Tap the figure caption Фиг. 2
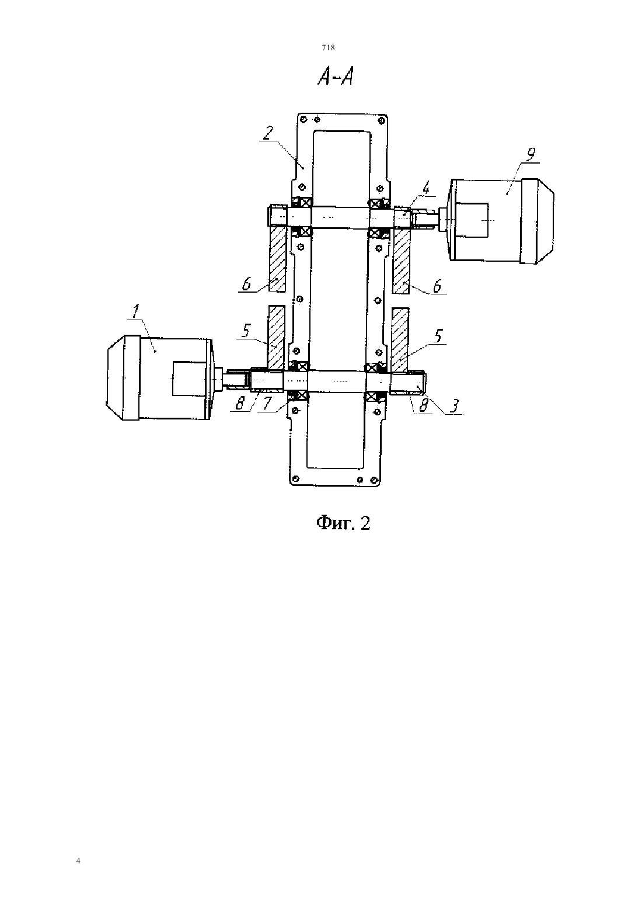pyautogui.click(x=343, y=523)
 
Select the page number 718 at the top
pyautogui.click(x=328, y=47)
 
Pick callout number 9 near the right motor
pyautogui.click(x=530, y=154)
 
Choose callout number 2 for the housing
pyautogui.click(x=268, y=134)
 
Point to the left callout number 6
pyautogui.click(x=247, y=284)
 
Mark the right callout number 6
pyautogui.click(x=437, y=286)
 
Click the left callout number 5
pyautogui.click(x=246, y=331)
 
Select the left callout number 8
pyautogui.click(x=240, y=404)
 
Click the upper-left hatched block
pyautogui.click(x=278, y=258)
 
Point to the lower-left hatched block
pyautogui.click(x=276, y=338)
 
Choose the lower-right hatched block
pyautogui.click(x=400, y=339)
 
